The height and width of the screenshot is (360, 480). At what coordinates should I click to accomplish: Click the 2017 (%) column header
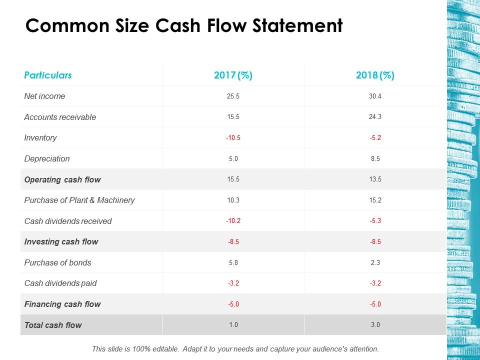pyautogui.click(x=233, y=75)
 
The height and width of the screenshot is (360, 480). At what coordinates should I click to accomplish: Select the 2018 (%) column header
pyautogui.click(x=375, y=75)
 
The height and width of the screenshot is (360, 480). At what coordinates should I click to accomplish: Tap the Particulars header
pyautogui.click(x=48, y=75)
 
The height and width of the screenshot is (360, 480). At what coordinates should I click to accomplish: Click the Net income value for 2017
pyautogui.click(x=233, y=96)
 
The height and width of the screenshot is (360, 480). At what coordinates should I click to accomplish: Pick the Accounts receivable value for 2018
pyautogui.click(x=375, y=117)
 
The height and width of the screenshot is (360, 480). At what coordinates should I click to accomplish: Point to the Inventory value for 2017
pyautogui.click(x=233, y=138)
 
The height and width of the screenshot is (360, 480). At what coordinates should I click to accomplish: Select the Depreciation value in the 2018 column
pyautogui.click(x=375, y=158)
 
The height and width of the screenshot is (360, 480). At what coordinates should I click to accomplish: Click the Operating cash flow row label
pyautogui.click(x=62, y=179)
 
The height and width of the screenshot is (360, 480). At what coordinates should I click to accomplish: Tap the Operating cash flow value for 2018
pyautogui.click(x=375, y=179)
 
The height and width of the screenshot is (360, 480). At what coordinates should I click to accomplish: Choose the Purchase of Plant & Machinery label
pyautogui.click(x=79, y=200)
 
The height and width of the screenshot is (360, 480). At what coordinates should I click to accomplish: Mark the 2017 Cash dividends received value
pyautogui.click(x=233, y=221)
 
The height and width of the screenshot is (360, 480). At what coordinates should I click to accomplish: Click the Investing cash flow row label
pyautogui.click(x=61, y=241)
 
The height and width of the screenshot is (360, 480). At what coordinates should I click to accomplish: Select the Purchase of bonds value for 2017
pyautogui.click(x=233, y=262)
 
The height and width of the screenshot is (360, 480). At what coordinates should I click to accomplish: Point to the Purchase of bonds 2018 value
pyautogui.click(x=375, y=262)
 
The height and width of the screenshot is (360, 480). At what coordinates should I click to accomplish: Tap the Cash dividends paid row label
pyautogui.click(x=60, y=283)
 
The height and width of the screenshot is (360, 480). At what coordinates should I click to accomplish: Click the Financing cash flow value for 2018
pyautogui.click(x=375, y=304)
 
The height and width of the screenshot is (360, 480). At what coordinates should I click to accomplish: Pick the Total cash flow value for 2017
pyautogui.click(x=233, y=325)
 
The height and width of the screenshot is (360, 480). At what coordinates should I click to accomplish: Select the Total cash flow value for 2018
pyautogui.click(x=375, y=325)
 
